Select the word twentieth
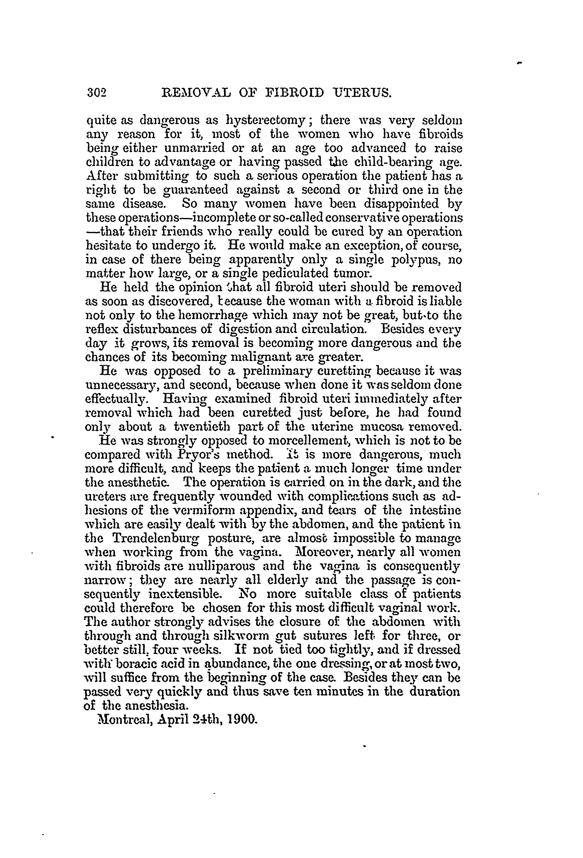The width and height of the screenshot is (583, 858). [x=199, y=427]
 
